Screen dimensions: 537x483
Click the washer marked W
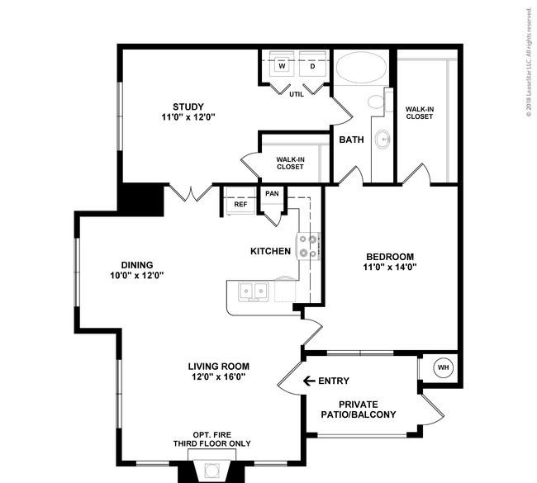tap(282, 64)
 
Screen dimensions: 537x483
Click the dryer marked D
tap(312, 64)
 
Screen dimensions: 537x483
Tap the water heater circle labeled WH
tap(443, 367)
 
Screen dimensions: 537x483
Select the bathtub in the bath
tap(361, 67)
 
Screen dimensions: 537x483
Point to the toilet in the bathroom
tap(377, 102)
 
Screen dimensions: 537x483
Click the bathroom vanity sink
tap(383, 140)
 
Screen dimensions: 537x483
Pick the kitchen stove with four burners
tap(308, 246)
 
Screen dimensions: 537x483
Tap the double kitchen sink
tap(254, 291)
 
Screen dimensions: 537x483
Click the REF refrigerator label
tap(240, 205)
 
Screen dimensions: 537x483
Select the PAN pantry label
tap(272, 193)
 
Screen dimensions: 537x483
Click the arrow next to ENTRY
tap(309, 381)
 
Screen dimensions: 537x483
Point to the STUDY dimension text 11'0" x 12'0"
tap(188, 117)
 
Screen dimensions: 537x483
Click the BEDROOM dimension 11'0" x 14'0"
tap(390, 267)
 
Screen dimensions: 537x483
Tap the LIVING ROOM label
tap(218, 367)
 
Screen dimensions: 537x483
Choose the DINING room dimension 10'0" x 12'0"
tap(137, 275)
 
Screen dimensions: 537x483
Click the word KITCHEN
tap(270, 251)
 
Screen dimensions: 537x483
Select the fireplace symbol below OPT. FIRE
tap(212, 470)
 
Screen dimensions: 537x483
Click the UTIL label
tap(297, 94)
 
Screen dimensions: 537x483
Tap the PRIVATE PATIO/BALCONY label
tap(359, 410)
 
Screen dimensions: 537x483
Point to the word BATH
tap(351, 140)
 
